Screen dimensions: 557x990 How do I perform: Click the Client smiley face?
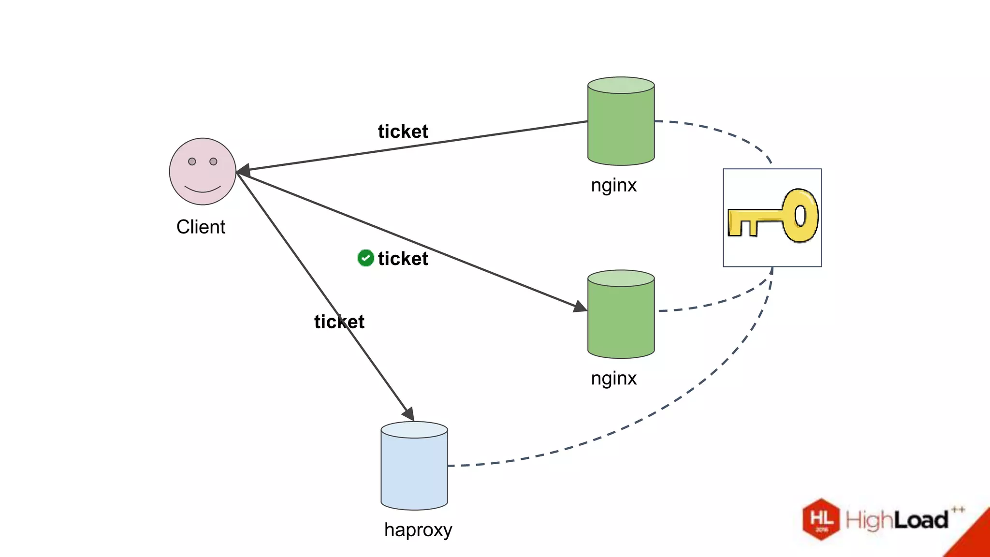point(203,172)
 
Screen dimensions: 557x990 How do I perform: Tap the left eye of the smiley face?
point(192,161)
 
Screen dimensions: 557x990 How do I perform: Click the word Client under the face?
point(201,227)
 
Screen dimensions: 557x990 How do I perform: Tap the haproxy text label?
point(418,530)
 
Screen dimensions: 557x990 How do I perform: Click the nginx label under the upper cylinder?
point(613,185)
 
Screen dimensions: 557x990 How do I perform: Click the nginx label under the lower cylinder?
point(613,378)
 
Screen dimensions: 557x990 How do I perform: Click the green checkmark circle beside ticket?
point(365,258)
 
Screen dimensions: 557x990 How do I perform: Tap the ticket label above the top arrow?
point(403,132)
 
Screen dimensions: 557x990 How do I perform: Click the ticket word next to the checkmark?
point(403,259)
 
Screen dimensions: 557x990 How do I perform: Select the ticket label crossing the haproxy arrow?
point(339,322)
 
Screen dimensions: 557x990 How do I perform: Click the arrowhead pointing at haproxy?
point(409,414)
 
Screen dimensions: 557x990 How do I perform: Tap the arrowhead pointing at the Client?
point(243,170)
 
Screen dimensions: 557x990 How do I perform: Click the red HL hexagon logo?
point(821,519)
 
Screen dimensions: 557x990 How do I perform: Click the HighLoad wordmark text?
point(897,520)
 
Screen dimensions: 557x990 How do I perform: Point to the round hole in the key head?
point(800,216)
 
